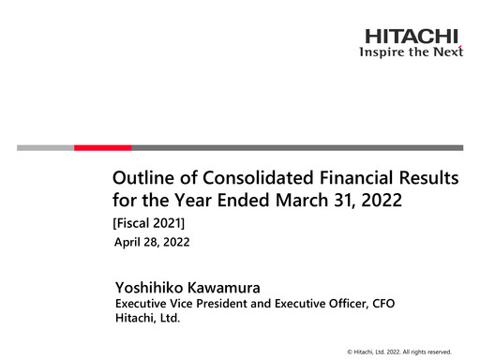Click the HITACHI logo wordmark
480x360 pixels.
coord(412,37)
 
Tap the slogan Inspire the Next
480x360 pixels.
coord(412,52)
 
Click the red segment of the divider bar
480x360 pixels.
coord(102,147)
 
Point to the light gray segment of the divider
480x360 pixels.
coord(45,147)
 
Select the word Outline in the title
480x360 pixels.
coord(142,178)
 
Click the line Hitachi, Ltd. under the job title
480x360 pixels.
coord(146,319)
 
